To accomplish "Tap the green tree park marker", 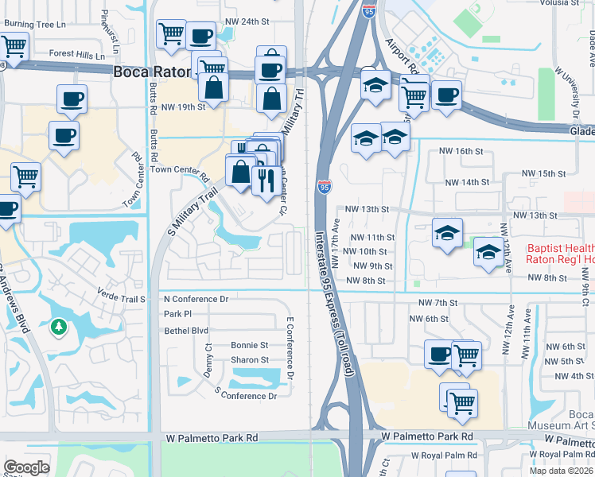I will [58, 326].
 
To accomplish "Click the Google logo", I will [26, 468].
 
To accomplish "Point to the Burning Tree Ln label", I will [35, 24].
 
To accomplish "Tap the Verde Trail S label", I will [122, 299].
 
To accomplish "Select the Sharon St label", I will [249, 360].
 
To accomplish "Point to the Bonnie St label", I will [249, 345].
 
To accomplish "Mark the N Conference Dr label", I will [196, 300].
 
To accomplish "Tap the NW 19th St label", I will [183, 107].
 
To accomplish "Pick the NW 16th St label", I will [461, 151].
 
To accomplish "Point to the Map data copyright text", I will [562, 471].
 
